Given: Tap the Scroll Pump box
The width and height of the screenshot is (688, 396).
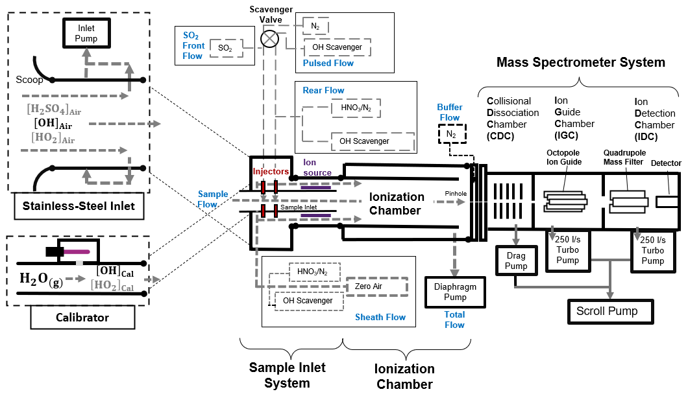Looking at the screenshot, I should pyautogui.click(x=607, y=311).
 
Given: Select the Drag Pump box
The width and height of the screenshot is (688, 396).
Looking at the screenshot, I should pyautogui.click(x=515, y=261).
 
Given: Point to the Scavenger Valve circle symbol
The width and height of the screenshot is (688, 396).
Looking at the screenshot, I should pyautogui.click(x=269, y=39).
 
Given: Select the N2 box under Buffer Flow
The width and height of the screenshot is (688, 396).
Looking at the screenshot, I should pyautogui.click(x=450, y=134).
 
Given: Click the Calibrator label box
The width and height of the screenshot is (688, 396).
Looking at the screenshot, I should pyautogui.click(x=82, y=318).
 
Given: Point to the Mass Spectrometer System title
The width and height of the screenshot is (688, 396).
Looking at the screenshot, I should pyautogui.click(x=580, y=62).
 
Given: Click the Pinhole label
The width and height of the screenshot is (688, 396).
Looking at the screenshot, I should pyautogui.click(x=456, y=193).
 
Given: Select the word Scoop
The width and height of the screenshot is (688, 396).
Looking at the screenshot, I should pyautogui.click(x=29, y=80).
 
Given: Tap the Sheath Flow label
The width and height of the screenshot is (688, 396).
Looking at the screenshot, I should pyautogui.click(x=380, y=317).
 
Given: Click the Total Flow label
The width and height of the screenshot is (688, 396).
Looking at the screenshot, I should pyautogui.click(x=454, y=320).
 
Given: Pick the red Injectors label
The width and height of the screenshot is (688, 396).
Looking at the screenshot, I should pyautogui.click(x=271, y=172).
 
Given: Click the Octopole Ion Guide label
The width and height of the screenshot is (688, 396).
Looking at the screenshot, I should pyautogui.click(x=563, y=157).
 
